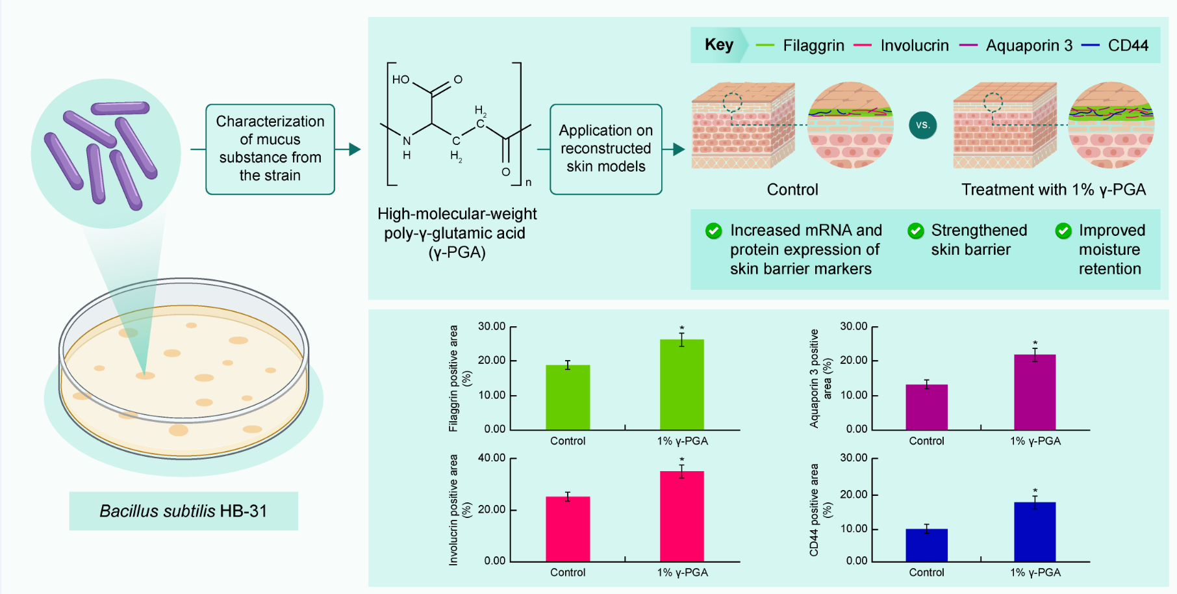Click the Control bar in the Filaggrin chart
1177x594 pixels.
coord(568,397)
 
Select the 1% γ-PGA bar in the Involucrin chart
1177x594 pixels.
coord(681,516)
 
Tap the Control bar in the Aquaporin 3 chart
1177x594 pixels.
coord(926,407)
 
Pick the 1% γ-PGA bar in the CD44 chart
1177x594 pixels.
coord(1035,531)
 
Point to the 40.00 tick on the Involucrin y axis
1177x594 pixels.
coord(492,458)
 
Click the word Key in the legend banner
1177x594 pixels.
coord(719,45)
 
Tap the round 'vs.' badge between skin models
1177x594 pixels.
coord(922,125)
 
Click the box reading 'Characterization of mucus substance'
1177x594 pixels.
coord(270,149)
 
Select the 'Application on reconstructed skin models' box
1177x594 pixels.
coord(605,149)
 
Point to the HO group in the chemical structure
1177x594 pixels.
coord(400,79)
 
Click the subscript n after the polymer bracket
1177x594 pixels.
coord(528,183)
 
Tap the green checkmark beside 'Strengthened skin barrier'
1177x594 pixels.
coord(916,231)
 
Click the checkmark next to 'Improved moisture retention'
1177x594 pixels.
coord(1063,231)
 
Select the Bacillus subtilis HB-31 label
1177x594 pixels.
coord(183,511)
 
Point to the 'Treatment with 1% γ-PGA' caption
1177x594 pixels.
coord(1053,190)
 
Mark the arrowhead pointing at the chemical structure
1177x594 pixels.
coord(354,149)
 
